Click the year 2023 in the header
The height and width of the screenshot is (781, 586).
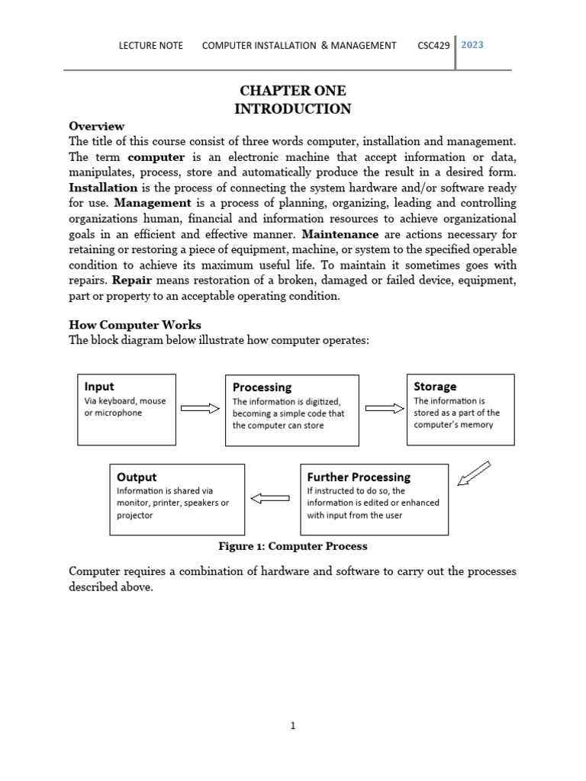tap(472, 45)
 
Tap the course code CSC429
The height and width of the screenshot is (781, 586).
tap(434, 46)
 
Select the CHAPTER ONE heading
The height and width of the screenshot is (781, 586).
tap(292, 91)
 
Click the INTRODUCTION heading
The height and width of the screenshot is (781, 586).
tap(292, 109)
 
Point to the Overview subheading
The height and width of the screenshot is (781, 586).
tap(96, 126)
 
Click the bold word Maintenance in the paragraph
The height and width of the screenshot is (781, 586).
tap(340, 234)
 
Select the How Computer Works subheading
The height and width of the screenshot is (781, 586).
tap(135, 325)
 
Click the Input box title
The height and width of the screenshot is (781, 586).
tap(99, 387)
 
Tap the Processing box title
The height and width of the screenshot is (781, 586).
tap(262, 387)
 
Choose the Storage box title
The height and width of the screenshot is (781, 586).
tap(435, 387)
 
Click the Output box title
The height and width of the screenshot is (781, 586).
tap(137, 477)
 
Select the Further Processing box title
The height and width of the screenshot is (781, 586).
tap(359, 477)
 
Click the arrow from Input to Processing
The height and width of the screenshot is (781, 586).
tap(200, 409)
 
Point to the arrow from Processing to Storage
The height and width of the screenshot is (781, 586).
tap(385, 408)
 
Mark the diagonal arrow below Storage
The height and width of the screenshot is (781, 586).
tap(474, 474)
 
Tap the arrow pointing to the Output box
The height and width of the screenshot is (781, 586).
tap(270, 499)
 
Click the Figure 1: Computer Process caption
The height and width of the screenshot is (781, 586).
tap(292, 546)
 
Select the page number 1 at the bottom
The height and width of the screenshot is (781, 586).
tap(292, 726)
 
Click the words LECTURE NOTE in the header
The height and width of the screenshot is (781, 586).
tap(150, 46)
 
